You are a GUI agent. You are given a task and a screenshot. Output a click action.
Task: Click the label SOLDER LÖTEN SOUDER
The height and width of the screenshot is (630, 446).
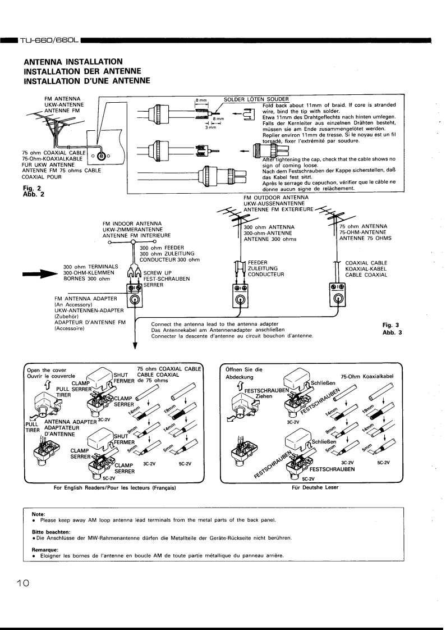tap(253, 99)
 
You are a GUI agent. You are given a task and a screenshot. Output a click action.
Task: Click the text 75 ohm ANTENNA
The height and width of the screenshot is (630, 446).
tap(362, 226)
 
